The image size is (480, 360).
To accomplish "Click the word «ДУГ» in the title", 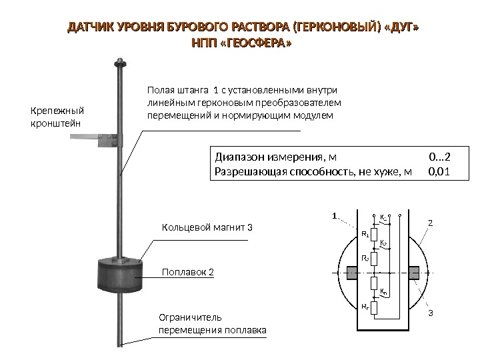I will [x=403, y=29].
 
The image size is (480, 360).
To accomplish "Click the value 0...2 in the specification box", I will [x=439, y=158].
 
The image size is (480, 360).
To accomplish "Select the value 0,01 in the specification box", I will [x=439, y=173].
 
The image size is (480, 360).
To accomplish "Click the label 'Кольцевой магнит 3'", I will [x=207, y=228].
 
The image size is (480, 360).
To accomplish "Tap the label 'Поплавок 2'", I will [x=189, y=273].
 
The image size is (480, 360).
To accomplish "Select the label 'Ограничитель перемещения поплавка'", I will [x=212, y=323].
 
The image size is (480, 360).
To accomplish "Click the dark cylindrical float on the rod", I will [x=121, y=274].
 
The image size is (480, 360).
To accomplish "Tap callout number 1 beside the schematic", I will [x=335, y=216].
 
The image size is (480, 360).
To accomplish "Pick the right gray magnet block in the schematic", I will [x=413, y=273].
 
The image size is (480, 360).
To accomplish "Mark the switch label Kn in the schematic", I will [x=383, y=292].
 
